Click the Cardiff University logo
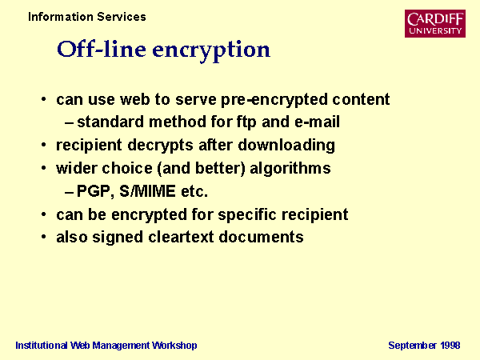(x=435, y=23)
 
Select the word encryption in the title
(x=211, y=51)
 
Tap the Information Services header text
(x=87, y=17)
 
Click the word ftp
(x=246, y=122)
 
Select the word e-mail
(x=317, y=122)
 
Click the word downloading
(x=286, y=146)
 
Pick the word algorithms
(x=290, y=169)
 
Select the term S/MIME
(x=147, y=191)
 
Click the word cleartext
(x=181, y=238)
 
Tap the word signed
(x=118, y=238)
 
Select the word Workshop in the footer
(x=174, y=346)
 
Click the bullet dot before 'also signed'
(x=44, y=237)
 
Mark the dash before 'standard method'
(x=69, y=123)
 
